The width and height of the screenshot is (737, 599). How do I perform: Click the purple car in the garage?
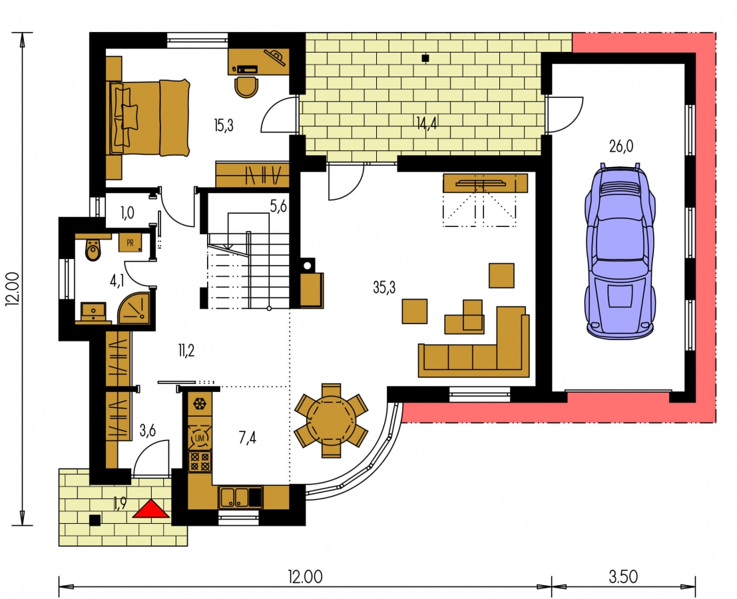[x=620, y=251]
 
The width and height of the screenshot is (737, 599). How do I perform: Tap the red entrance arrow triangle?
[x=150, y=508]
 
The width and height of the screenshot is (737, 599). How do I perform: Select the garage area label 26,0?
[x=621, y=146]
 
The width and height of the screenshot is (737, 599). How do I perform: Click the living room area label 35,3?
[x=384, y=287]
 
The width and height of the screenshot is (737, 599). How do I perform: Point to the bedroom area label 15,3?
[x=223, y=125]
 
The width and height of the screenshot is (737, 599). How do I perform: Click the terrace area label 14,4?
[x=426, y=123]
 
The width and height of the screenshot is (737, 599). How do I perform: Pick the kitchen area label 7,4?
[x=247, y=438]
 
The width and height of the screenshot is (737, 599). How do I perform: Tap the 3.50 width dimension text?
[x=623, y=576]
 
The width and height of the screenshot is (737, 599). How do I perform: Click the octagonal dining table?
[x=332, y=421]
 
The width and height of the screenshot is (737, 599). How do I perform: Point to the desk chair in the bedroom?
[x=246, y=87]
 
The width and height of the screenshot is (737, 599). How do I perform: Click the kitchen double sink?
[x=234, y=497]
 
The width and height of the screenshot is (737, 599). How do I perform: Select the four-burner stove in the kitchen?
[x=200, y=461]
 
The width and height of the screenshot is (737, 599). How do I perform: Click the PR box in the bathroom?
[x=130, y=242]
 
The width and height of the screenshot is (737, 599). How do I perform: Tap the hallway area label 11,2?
[x=186, y=351]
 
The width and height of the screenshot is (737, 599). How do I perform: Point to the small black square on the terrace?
[x=425, y=59]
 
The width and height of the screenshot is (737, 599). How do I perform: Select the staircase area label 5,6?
[x=278, y=206]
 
